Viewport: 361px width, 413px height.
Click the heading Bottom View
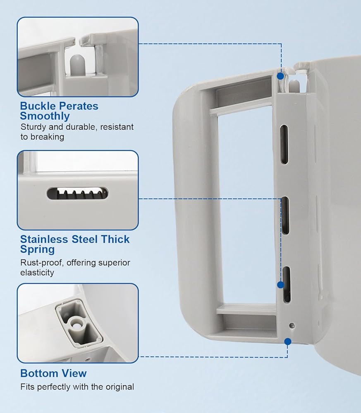click(x=53, y=373)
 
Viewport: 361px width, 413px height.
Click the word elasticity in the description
click(x=37, y=273)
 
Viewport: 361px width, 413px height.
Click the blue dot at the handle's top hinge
click(x=281, y=76)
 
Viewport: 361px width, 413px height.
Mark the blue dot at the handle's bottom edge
click(x=288, y=341)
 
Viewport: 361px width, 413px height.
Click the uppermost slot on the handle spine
click(x=284, y=139)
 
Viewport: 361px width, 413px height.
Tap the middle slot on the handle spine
click(x=285, y=216)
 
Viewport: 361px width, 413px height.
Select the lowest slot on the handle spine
click(x=286, y=284)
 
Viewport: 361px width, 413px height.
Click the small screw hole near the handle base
click(x=292, y=325)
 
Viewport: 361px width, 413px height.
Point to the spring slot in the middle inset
click(x=77, y=193)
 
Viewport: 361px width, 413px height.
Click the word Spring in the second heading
click(x=37, y=249)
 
